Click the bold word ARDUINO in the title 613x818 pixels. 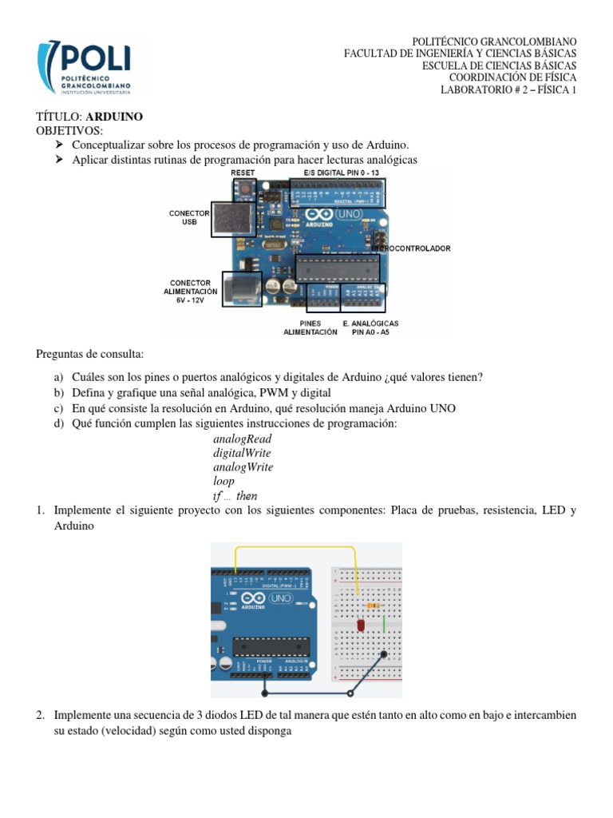coord(114,117)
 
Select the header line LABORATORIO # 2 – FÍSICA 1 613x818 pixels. coord(508,89)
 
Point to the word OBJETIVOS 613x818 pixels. coord(69,130)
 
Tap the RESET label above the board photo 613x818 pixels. coord(243,173)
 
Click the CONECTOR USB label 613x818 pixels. coord(189,217)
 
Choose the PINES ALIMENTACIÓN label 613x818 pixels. coord(310,328)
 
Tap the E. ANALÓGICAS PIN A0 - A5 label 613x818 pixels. coord(370,328)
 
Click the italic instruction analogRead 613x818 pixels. coord(243,439)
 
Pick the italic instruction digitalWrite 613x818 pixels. coord(243,453)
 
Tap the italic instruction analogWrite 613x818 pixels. coord(243,467)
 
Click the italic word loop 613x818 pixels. coord(223,482)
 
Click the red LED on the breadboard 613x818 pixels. coord(360,623)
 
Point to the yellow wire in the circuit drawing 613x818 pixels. coord(295,549)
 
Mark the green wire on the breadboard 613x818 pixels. coord(384,622)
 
